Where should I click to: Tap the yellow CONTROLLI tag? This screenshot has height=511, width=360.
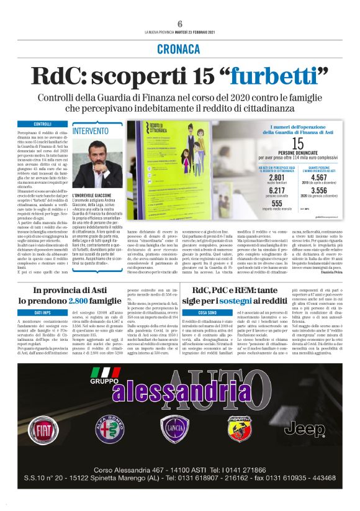pos(43,124)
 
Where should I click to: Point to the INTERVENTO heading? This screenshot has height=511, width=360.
pos(90,131)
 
